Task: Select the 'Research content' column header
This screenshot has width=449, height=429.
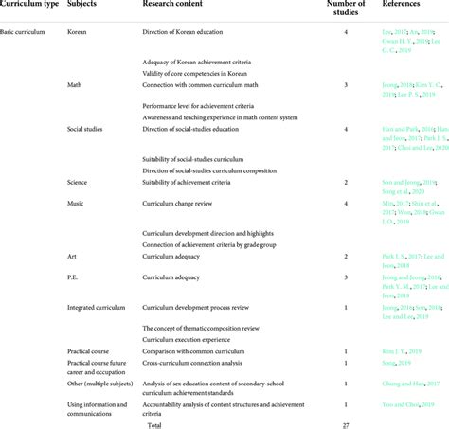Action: click(x=171, y=6)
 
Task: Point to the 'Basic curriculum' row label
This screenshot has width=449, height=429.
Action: click(x=28, y=33)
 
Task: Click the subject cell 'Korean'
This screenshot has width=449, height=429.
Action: click(x=79, y=33)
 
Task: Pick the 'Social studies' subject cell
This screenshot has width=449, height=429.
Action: click(x=87, y=127)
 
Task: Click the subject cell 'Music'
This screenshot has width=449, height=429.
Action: click(x=77, y=203)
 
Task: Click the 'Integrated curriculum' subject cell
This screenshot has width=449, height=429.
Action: click(x=99, y=307)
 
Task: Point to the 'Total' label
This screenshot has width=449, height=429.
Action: click(x=154, y=424)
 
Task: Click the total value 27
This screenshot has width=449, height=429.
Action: click(x=345, y=424)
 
